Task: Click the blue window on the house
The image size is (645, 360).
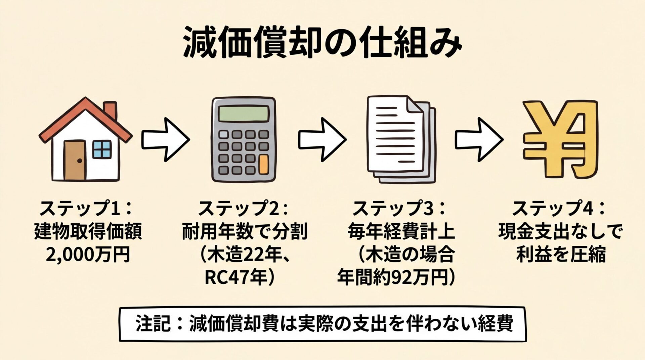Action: tap(102, 149)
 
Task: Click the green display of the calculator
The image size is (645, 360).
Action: tap(244, 114)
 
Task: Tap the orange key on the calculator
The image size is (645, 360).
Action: tap(264, 164)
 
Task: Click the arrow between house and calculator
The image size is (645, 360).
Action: tap(165, 139)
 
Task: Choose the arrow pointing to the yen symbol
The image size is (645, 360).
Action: tap(479, 139)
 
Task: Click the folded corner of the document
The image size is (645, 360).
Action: tap(414, 104)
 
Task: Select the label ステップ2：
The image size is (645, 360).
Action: tap(244, 208)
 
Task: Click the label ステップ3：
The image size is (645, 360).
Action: tap(399, 208)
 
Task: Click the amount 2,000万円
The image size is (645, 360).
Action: tap(87, 255)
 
